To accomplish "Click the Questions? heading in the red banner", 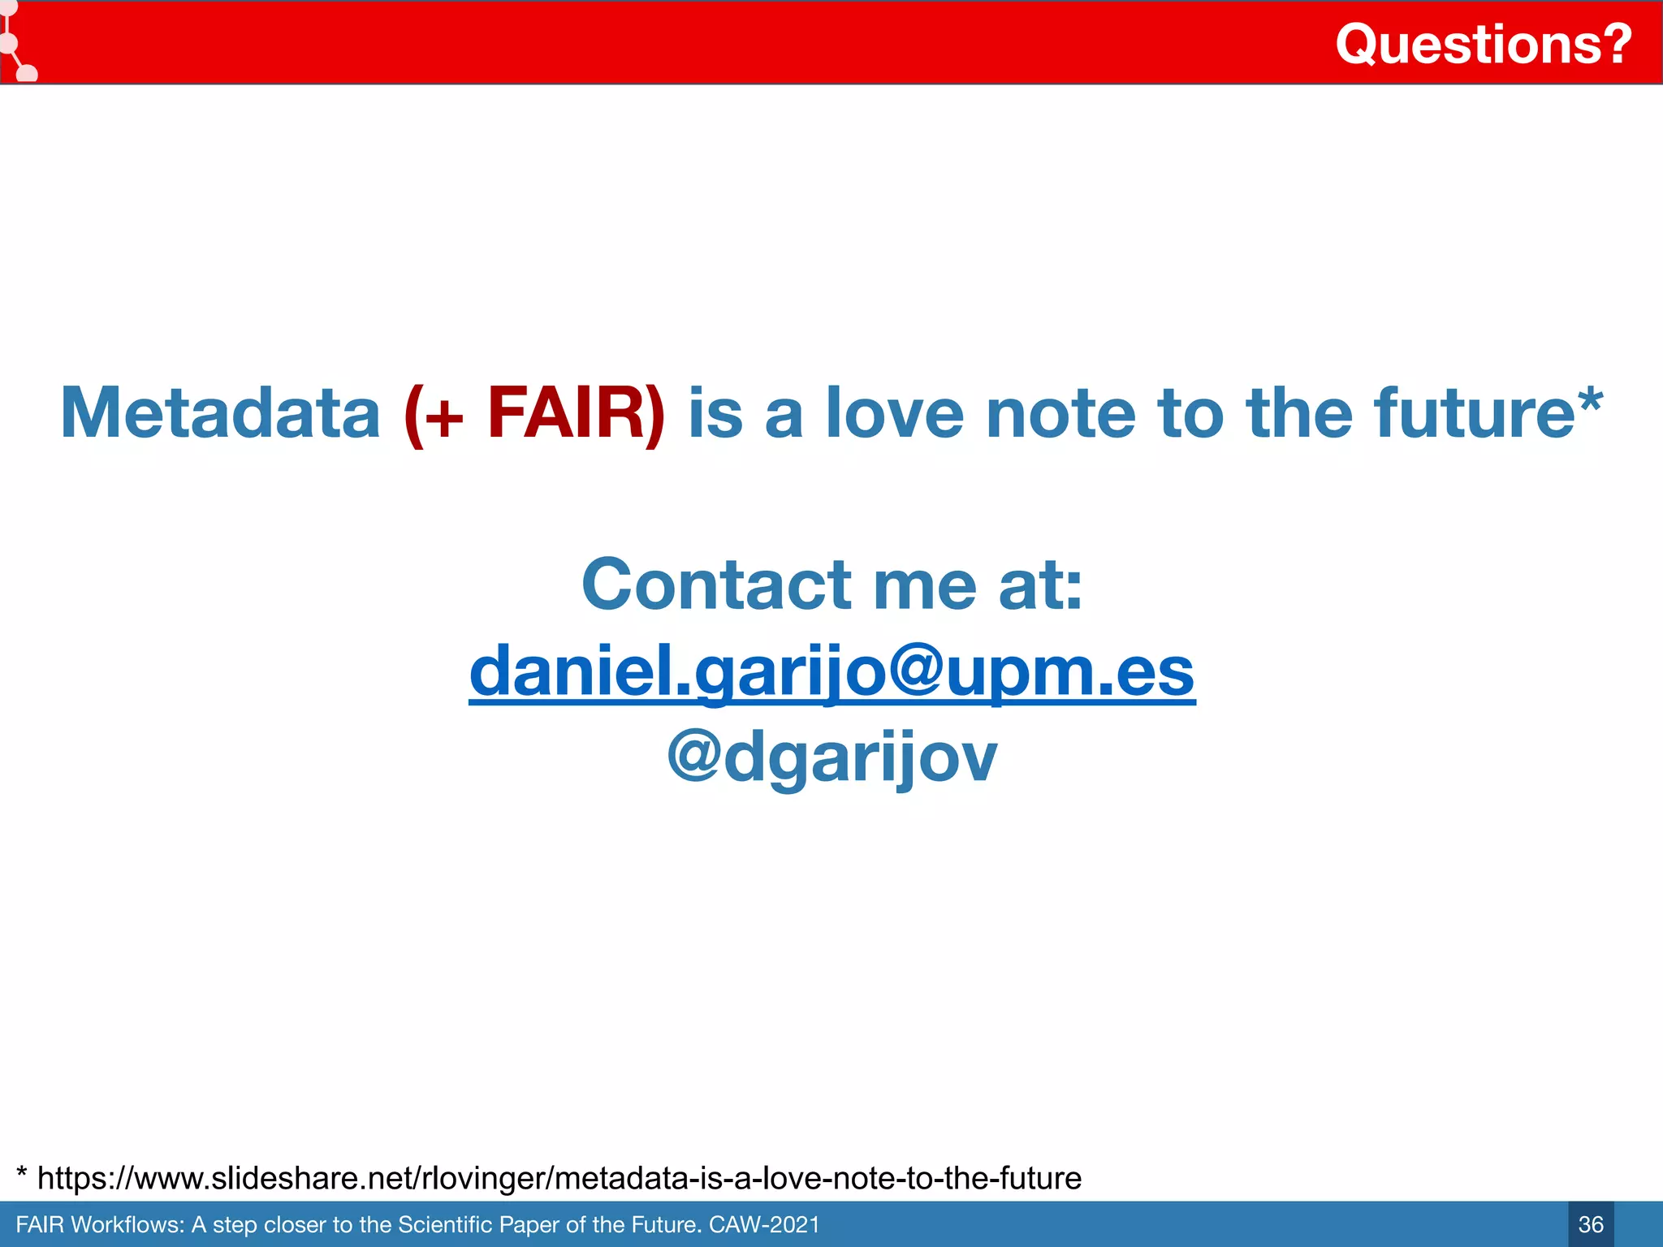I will pyautogui.click(x=1483, y=44).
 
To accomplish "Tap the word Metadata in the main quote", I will pyautogui.click(x=220, y=413).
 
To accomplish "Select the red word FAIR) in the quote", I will pyautogui.click(x=576, y=413).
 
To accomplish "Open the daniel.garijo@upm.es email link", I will pyautogui.click(x=831, y=672).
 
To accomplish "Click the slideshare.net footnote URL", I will pyautogui.click(x=559, y=1178).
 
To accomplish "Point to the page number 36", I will pyautogui.click(x=1591, y=1224).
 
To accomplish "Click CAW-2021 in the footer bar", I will pyautogui.click(x=764, y=1224).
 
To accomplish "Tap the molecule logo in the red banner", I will pyautogui.click(x=16, y=45).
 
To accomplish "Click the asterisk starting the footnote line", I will pyautogui.click(x=22, y=1174).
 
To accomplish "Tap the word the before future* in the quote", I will pyautogui.click(x=1299, y=413).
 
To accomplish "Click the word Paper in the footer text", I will pyautogui.click(x=529, y=1224).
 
